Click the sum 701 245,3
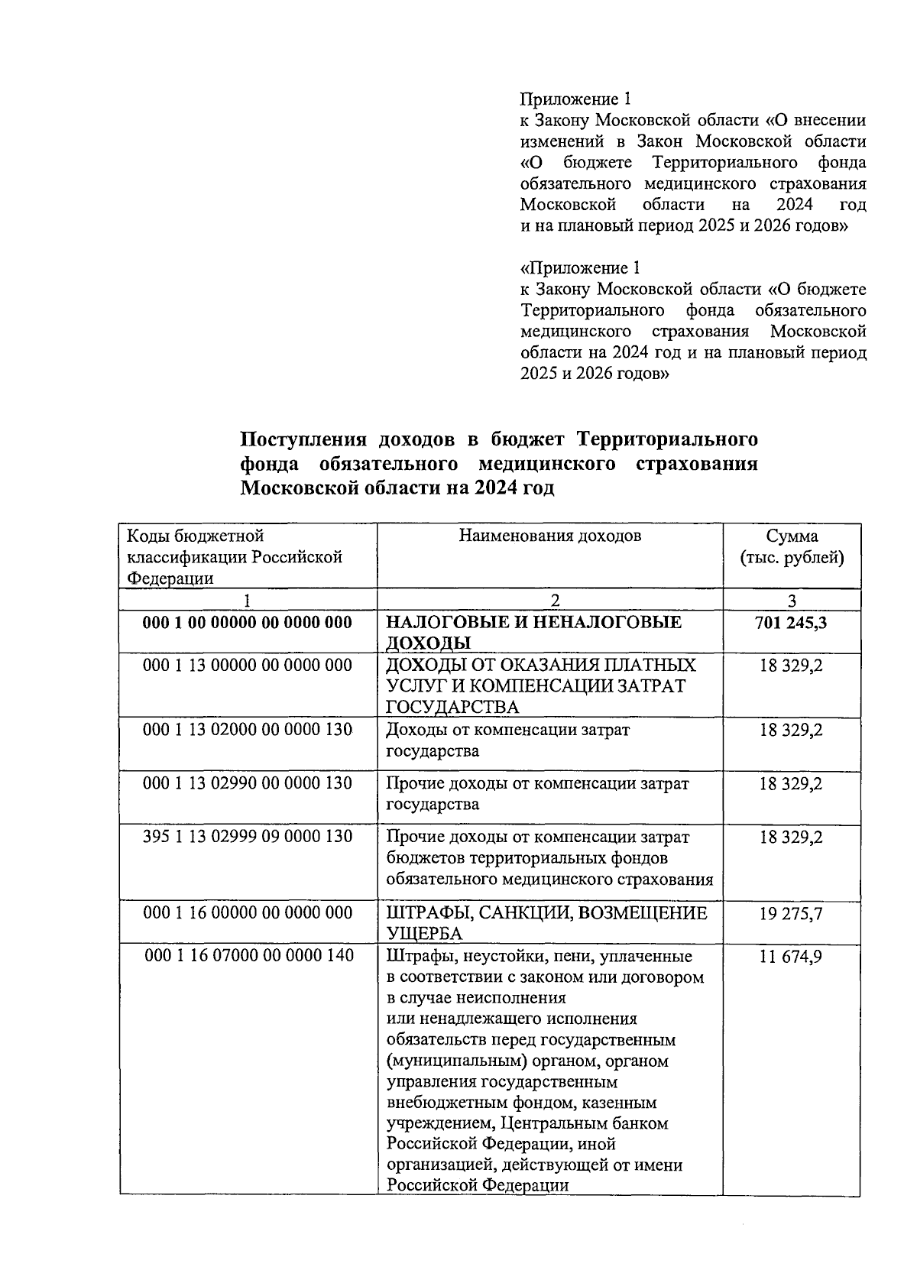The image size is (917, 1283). point(791,623)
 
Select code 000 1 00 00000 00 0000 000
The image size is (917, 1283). point(248,623)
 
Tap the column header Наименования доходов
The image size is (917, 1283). point(549,536)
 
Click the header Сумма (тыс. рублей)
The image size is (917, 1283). point(792,547)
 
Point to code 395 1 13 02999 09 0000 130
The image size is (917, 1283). point(248,837)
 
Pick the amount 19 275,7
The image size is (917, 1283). point(791,913)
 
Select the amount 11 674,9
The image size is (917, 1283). point(791,956)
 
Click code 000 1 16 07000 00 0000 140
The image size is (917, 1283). point(248,956)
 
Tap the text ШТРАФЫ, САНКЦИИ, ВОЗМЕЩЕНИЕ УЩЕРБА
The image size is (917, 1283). point(546,923)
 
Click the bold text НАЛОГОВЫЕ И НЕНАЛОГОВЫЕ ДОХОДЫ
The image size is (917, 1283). point(533,633)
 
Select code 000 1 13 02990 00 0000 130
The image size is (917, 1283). point(248,783)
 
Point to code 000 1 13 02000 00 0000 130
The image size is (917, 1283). point(248,730)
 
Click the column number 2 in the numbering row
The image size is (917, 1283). point(555,600)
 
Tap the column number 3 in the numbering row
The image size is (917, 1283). point(792,600)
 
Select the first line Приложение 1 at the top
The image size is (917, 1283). point(575,99)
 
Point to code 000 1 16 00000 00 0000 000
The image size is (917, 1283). point(248,913)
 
